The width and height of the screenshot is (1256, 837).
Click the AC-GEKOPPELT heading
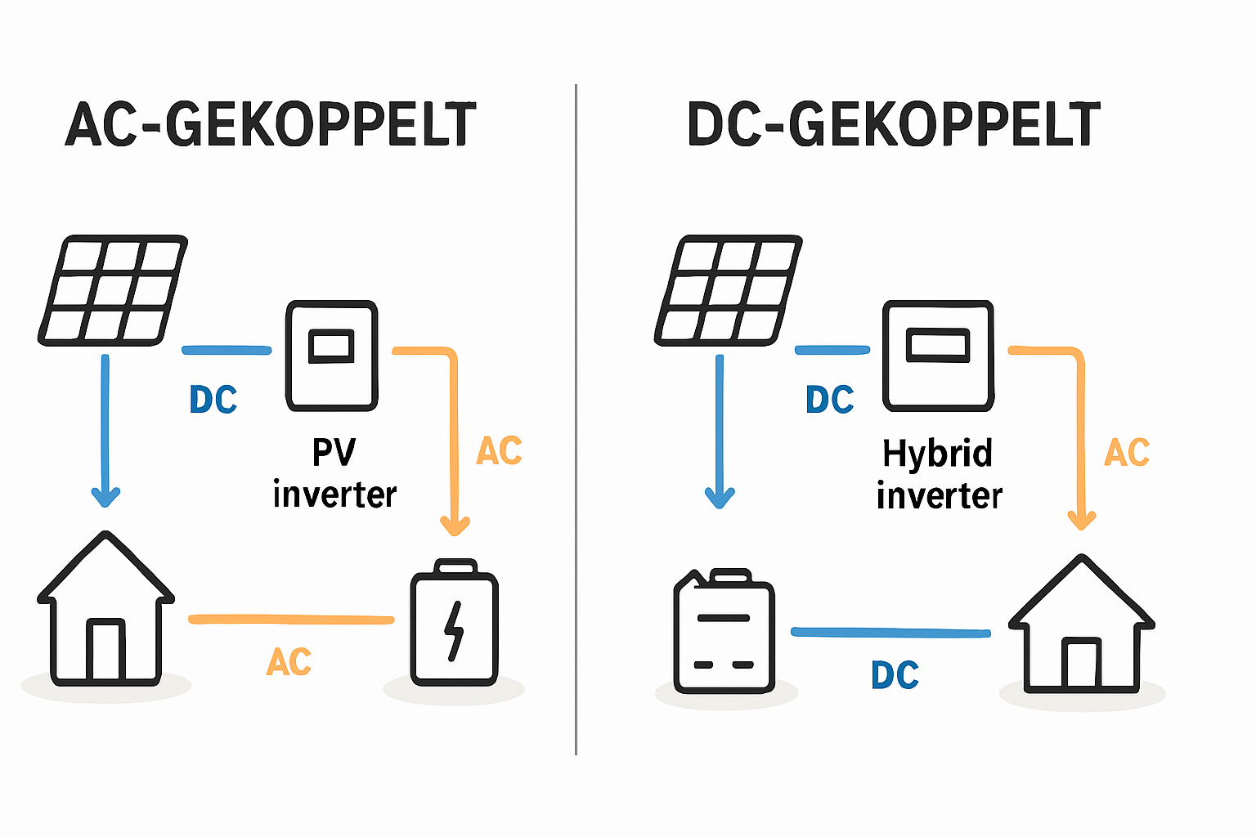pyautogui.click(x=270, y=125)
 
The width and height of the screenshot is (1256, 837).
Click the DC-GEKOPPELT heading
pyautogui.click(x=894, y=125)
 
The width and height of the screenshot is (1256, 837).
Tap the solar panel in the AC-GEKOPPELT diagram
pyautogui.click(x=113, y=289)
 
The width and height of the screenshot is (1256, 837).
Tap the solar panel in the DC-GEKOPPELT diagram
pyautogui.click(x=728, y=289)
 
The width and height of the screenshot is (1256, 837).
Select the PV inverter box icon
pyautogui.click(x=331, y=356)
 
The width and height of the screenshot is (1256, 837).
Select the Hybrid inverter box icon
pyautogui.click(x=938, y=356)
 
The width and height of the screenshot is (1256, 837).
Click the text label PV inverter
pyautogui.click(x=334, y=473)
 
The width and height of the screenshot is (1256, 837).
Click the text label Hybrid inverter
pyautogui.click(x=939, y=474)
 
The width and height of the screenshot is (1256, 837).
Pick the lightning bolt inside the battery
pyautogui.click(x=454, y=630)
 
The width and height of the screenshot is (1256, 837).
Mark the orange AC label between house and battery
pyautogui.click(x=289, y=662)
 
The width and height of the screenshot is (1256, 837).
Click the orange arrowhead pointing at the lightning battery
pyautogui.click(x=455, y=525)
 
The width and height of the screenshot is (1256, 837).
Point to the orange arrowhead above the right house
pyautogui.click(x=1081, y=519)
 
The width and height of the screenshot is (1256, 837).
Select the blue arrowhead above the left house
pyautogui.click(x=105, y=496)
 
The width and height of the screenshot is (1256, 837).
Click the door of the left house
pyautogui.click(x=105, y=651)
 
